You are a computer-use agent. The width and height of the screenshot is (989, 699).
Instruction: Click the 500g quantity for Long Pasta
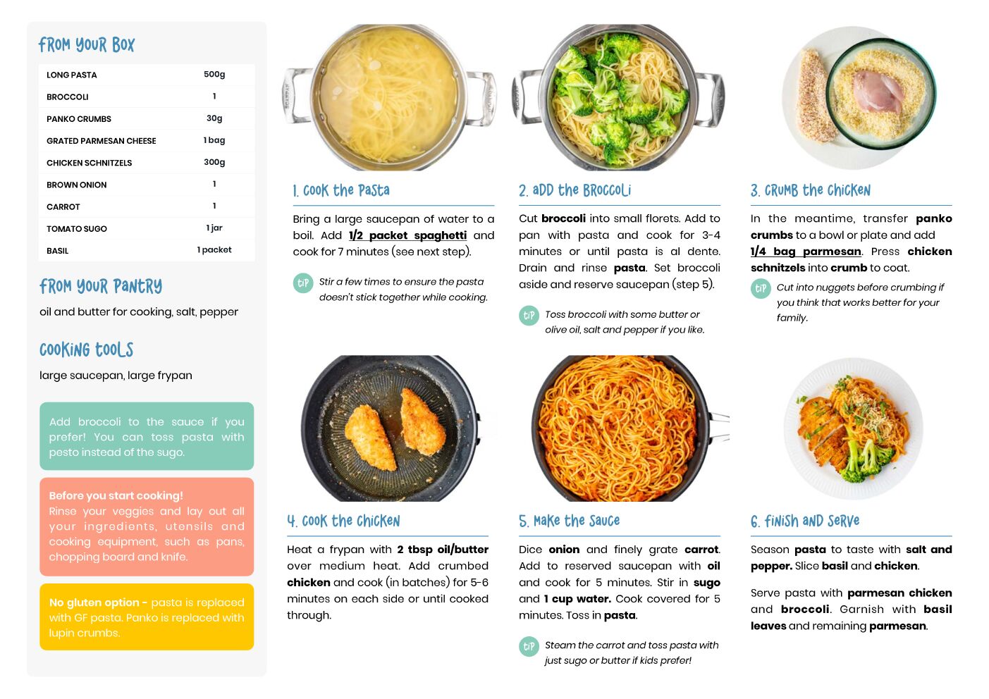pyautogui.click(x=214, y=74)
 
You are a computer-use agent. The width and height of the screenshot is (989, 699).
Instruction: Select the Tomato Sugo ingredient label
pyautogui.click(x=77, y=228)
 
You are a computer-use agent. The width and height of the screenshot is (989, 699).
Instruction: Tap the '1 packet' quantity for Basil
pyautogui.click(x=214, y=249)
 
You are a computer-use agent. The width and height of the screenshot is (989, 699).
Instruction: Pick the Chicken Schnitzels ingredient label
pyautogui.click(x=90, y=163)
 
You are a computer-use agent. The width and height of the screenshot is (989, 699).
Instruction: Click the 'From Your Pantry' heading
pyautogui.click(x=101, y=286)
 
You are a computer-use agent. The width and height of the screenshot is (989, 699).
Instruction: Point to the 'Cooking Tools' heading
pyautogui.click(x=86, y=349)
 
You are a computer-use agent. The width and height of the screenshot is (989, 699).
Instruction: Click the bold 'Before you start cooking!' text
pyautogui.click(x=116, y=495)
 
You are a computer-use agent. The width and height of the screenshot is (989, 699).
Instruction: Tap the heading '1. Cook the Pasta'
pyautogui.click(x=341, y=190)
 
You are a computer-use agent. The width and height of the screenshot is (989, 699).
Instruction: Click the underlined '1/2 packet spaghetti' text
pyautogui.click(x=407, y=235)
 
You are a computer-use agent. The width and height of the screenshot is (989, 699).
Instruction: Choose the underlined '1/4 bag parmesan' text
pyautogui.click(x=806, y=252)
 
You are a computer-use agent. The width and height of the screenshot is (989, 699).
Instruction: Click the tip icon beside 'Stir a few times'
pyautogui.click(x=303, y=283)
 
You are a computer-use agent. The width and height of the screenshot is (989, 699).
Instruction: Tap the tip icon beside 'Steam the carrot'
pyautogui.click(x=529, y=646)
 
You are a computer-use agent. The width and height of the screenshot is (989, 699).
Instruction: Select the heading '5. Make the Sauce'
pyautogui.click(x=569, y=521)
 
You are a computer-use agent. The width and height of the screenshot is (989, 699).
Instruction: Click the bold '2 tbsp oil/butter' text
pyautogui.click(x=443, y=550)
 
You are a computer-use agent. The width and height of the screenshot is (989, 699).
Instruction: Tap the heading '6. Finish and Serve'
pyautogui.click(x=805, y=521)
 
